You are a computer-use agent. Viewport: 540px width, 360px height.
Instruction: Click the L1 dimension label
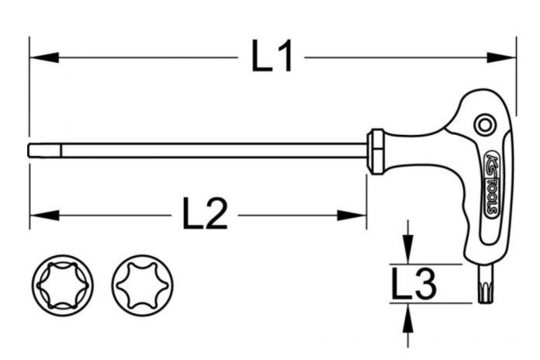(272, 57)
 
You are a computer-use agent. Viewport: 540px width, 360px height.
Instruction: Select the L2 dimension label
(205, 213)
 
